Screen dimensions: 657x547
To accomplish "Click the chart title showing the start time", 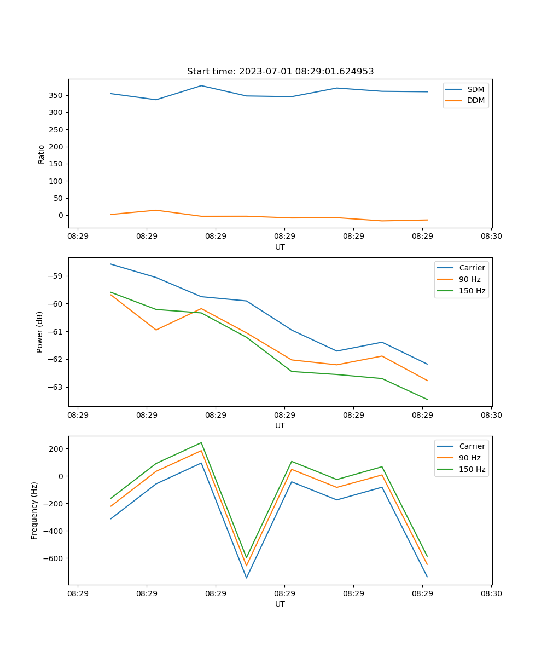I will tap(280, 72).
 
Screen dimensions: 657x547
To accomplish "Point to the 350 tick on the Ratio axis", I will tap(56, 95).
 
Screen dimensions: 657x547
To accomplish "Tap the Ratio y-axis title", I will tap(42, 154).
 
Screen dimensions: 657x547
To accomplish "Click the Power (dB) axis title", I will tap(40, 332).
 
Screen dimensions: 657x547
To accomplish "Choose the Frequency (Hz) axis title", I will tap(34, 510).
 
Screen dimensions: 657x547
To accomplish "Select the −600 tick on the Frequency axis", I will tap(52, 558).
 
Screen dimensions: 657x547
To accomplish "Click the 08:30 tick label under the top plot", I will tap(491, 237).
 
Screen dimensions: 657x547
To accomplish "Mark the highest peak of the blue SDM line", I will tap(201, 85).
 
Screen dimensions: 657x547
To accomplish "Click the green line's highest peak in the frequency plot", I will tap(201, 443).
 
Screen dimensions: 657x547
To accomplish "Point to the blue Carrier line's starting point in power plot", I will tap(111, 264).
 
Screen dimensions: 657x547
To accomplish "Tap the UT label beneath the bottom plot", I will tap(280, 604).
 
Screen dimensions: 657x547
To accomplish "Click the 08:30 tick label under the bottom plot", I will tap(491, 593).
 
